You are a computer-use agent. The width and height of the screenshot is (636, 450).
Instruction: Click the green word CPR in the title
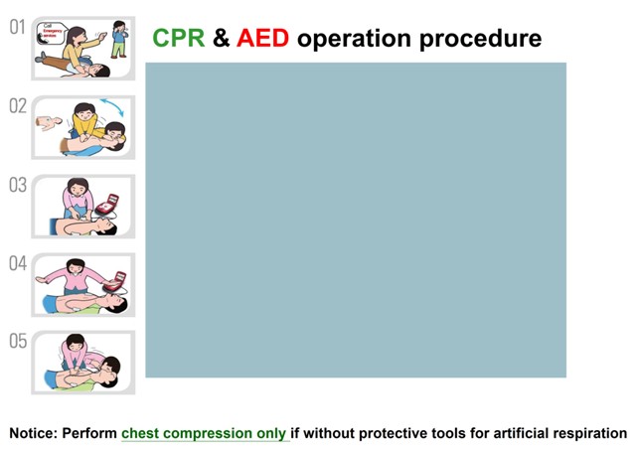click(178, 39)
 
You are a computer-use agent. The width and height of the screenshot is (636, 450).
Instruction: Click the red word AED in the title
click(263, 39)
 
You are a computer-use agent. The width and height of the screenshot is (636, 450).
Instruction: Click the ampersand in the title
click(221, 39)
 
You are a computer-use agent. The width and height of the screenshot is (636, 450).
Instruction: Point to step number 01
click(17, 27)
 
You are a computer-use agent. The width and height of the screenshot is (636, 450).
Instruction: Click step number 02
click(17, 105)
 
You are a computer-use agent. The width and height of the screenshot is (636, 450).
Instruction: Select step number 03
click(17, 185)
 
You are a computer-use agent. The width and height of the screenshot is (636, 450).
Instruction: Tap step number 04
click(17, 263)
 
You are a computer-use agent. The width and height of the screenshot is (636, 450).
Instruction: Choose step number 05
click(17, 342)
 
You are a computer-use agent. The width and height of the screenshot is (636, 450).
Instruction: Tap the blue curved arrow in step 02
click(109, 106)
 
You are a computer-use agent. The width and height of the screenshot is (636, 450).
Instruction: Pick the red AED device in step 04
click(119, 279)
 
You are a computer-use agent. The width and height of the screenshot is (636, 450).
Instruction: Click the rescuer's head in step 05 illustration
click(76, 344)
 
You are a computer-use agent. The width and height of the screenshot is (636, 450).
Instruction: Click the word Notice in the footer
click(35, 433)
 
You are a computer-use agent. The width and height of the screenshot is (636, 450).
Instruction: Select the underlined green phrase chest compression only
click(204, 433)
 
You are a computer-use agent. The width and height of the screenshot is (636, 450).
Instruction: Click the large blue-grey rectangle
click(356, 220)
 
